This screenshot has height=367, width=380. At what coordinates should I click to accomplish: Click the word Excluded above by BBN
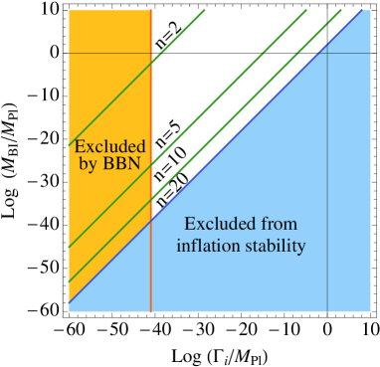coord(110,147)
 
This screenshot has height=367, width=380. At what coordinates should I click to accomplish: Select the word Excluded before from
coord(218,224)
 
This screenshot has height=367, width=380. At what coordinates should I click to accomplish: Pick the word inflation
coord(205,245)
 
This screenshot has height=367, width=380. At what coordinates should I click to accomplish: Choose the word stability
coord(273,245)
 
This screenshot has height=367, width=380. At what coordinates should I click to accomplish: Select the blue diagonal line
coord(249,129)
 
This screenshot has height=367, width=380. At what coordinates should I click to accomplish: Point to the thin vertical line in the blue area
coord(327,199)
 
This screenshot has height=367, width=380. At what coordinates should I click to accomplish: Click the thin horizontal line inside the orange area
coord(109,53)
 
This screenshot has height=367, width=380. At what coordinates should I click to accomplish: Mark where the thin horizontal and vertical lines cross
coord(327,53)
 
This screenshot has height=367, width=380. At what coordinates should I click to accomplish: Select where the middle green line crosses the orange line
coord(151,165)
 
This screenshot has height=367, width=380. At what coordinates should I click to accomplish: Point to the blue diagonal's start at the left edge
coord(70,300)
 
